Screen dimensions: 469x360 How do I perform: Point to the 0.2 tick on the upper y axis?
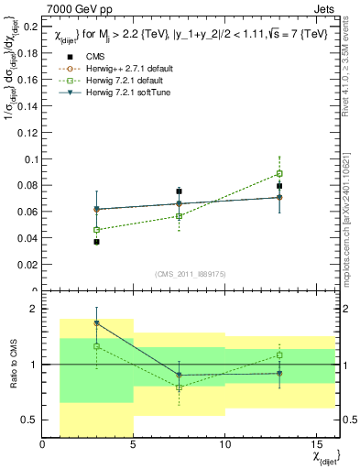[x=30, y=27]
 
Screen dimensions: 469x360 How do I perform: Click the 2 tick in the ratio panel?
[x=34, y=309]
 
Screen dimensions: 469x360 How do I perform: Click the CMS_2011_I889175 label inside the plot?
[x=190, y=274]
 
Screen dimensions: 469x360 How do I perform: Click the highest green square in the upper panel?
[x=279, y=173]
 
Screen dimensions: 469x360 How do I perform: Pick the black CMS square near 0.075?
[x=180, y=191]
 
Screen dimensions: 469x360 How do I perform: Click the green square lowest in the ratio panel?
[x=180, y=387]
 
